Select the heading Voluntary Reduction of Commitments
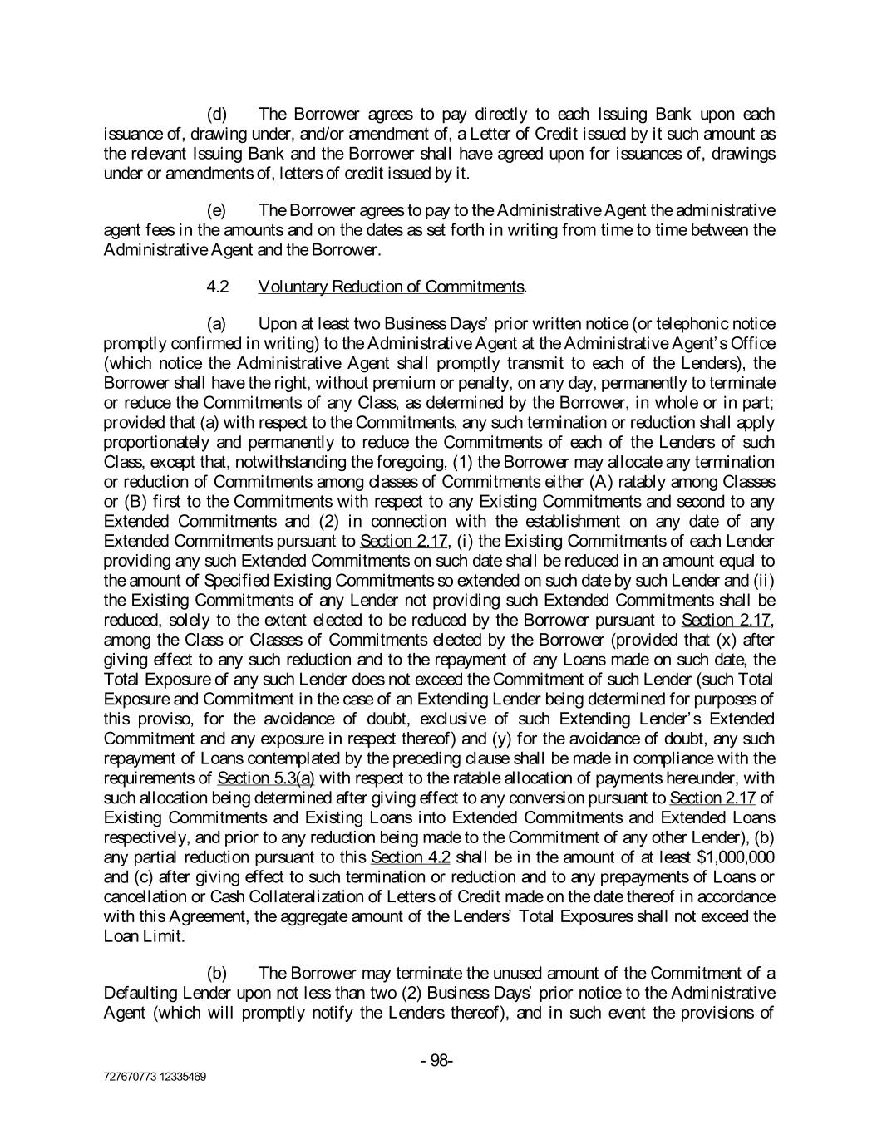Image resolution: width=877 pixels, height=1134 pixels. point(392,287)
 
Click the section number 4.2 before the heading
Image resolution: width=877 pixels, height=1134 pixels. point(218,287)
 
